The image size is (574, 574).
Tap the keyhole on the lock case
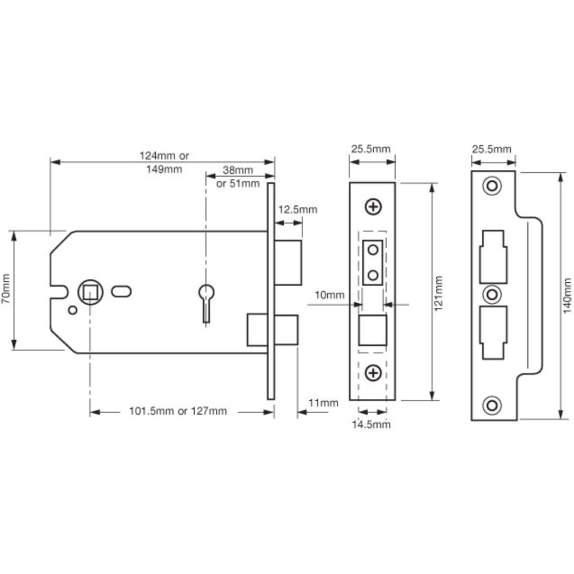pyautogui.click(x=206, y=294)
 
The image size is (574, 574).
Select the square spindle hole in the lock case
pyautogui.click(x=89, y=290)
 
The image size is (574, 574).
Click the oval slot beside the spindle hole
pyautogui.click(x=121, y=290)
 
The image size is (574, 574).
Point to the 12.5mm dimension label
pyautogui.click(x=298, y=210)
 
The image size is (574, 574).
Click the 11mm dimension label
pyautogui.click(x=323, y=403)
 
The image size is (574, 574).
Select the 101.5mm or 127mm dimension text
pyautogui.click(x=178, y=411)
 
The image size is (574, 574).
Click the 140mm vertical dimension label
pyautogui.click(x=567, y=295)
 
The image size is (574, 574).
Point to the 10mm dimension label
pyautogui.click(x=329, y=295)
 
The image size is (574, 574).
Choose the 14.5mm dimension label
pyautogui.click(x=371, y=424)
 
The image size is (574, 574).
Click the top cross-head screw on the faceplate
pyautogui.click(x=373, y=207)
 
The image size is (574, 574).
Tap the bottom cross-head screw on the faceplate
pyautogui.click(x=373, y=373)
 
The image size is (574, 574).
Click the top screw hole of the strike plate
pyautogui.click(x=491, y=185)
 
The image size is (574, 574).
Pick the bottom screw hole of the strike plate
pyautogui.click(x=491, y=406)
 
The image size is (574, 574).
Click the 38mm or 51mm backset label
pyautogui.click(x=238, y=177)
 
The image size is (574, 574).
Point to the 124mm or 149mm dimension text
pyautogui.click(x=164, y=162)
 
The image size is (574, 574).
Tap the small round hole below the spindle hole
pyautogui.click(x=73, y=310)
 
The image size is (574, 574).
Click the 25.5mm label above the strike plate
pyautogui.click(x=491, y=149)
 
